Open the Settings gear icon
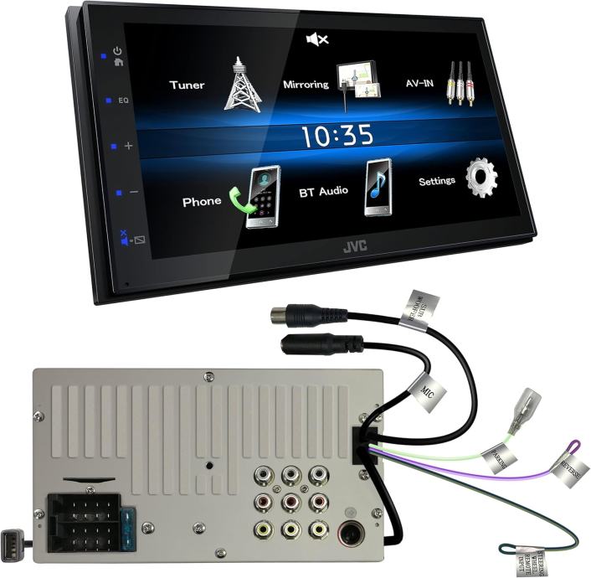[482, 178]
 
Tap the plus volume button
[128, 146]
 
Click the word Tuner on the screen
[187, 85]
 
